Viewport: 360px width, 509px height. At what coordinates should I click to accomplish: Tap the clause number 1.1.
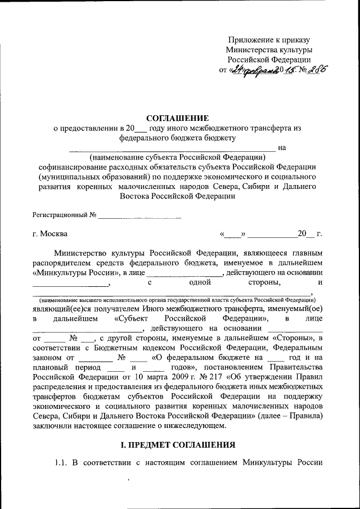[x=62, y=463]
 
